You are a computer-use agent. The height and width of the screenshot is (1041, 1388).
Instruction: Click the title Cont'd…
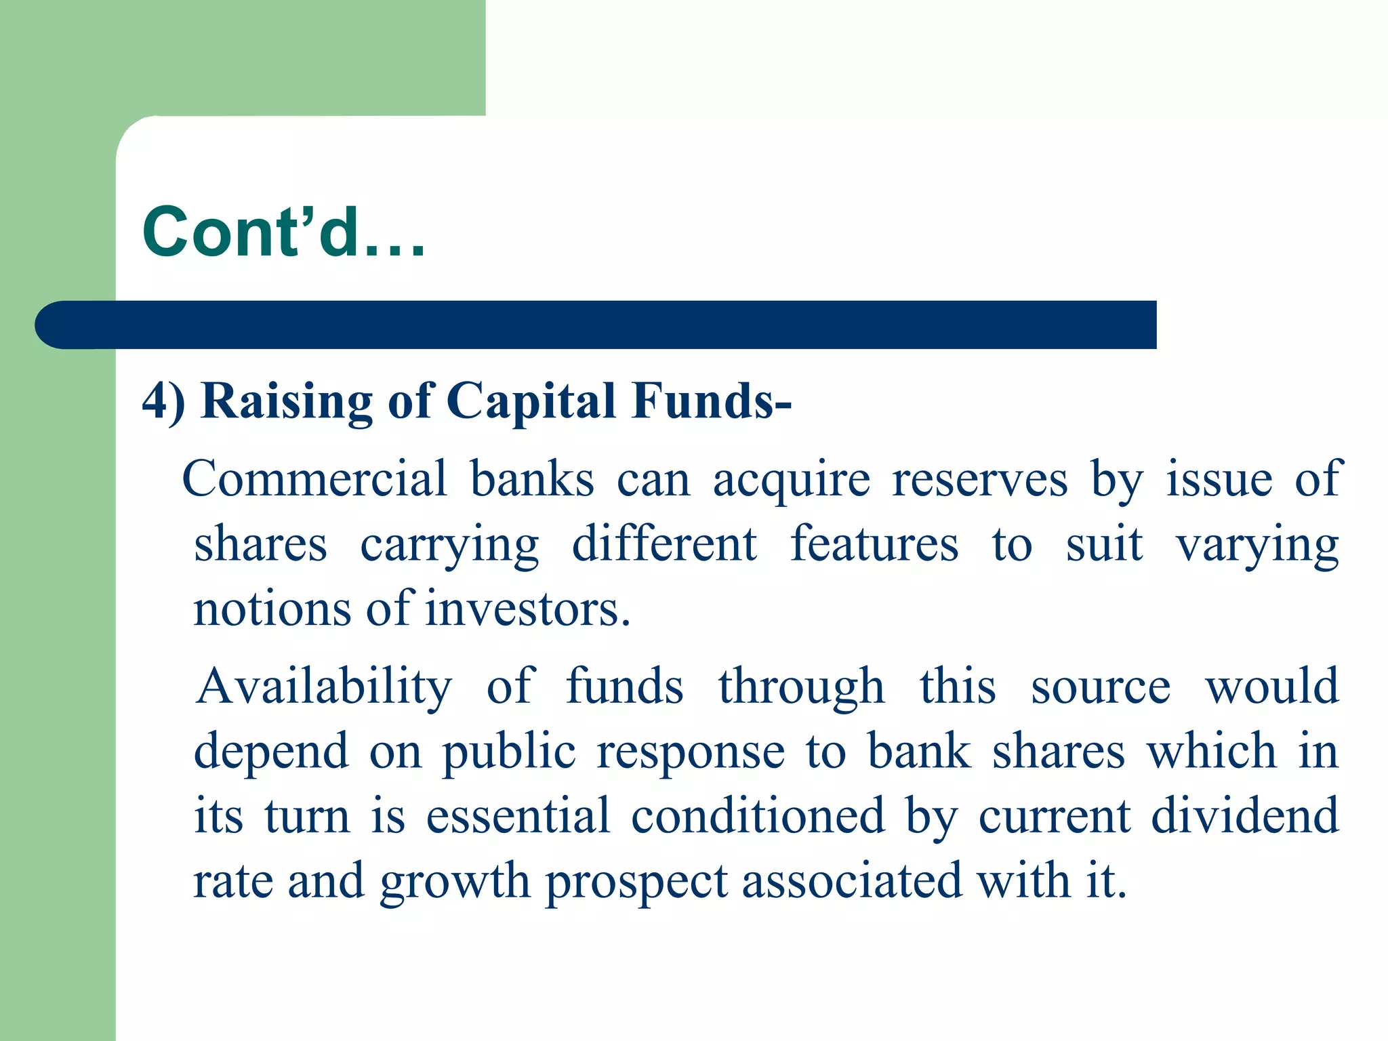point(283,232)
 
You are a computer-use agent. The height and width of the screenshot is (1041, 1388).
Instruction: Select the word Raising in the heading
point(287,403)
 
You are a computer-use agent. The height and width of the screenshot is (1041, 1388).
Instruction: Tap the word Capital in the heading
point(531,403)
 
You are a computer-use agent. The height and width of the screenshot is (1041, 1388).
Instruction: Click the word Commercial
point(315,479)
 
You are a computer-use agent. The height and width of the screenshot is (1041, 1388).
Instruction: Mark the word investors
point(528,609)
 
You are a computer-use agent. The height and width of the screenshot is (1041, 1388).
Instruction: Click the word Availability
point(324,687)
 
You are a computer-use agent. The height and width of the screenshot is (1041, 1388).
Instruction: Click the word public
point(509,753)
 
